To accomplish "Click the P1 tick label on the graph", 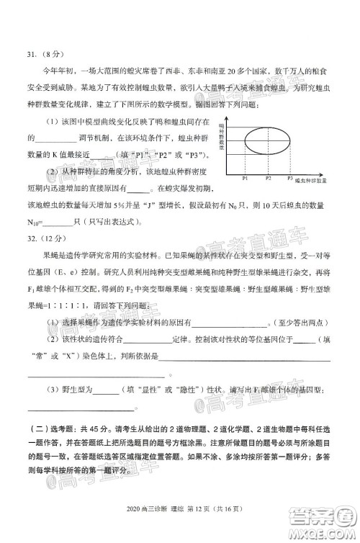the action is tap(245, 177).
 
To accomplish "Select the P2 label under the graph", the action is tap(268, 177).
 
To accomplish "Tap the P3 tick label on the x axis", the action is tap(290, 177).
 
